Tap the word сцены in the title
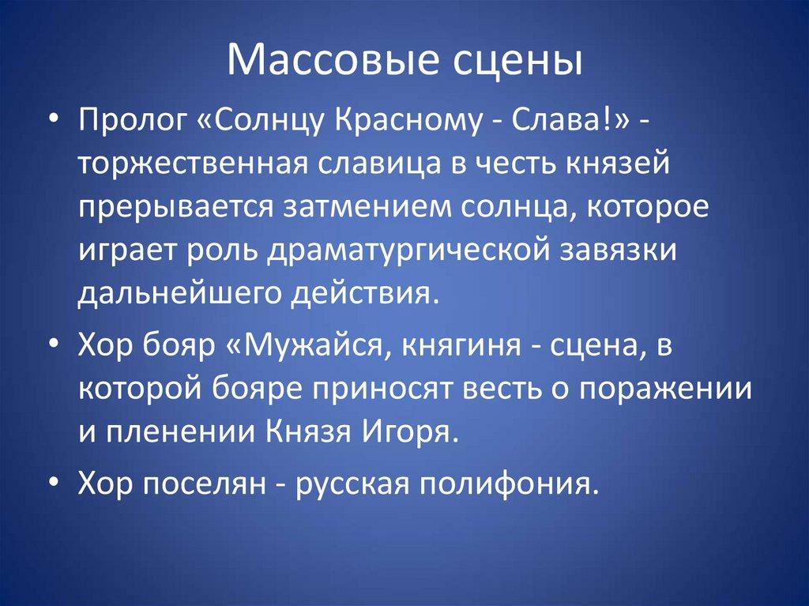coord(506,62)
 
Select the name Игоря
coord(418,431)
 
